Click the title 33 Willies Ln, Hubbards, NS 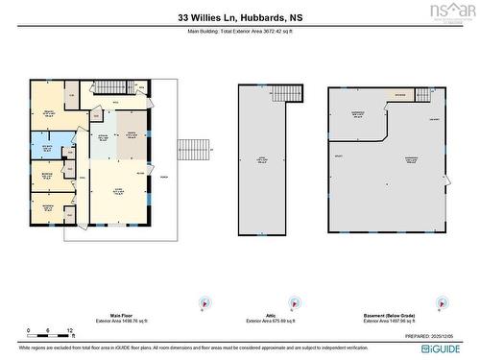(x=240, y=17)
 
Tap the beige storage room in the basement (x=400, y=95)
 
